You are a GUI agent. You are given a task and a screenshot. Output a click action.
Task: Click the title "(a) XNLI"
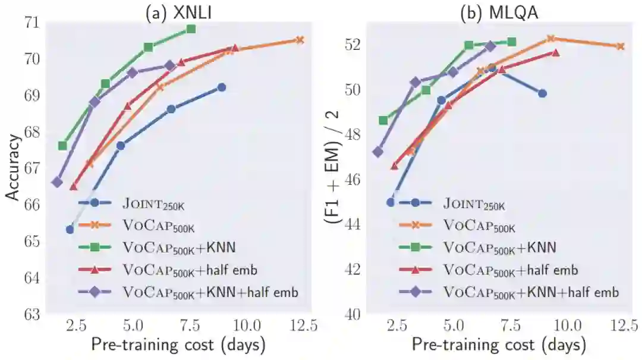(x=178, y=12)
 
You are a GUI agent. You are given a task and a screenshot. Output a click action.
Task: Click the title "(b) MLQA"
(x=499, y=12)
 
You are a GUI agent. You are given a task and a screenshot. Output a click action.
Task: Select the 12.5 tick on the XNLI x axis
(x=301, y=326)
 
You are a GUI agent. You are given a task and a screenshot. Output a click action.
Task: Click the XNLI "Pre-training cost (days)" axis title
(x=178, y=345)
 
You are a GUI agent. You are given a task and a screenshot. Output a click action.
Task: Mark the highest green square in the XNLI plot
(x=191, y=29)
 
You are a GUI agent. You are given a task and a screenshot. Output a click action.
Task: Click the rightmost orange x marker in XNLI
(x=300, y=40)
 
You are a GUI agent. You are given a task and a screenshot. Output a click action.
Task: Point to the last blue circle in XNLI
(x=222, y=87)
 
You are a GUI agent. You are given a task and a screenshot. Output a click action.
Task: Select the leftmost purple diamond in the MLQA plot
(x=377, y=151)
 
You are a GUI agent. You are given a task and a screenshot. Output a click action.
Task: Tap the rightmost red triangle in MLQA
(x=555, y=52)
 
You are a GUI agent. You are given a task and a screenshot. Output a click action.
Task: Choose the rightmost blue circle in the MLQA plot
(x=542, y=93)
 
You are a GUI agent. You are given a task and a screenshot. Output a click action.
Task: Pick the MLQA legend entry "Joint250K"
(x=474, y=203)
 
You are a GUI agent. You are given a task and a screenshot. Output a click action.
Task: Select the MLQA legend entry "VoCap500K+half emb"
(x=510, y=270)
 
